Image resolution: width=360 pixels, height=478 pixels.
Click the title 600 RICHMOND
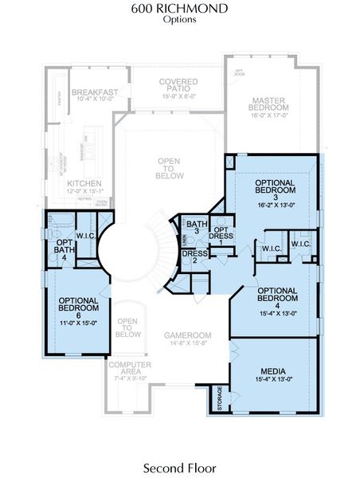(x=180, y=9)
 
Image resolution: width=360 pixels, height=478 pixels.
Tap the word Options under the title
(x=180, y=20)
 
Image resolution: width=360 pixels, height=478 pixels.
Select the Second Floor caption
(x=180, y=465)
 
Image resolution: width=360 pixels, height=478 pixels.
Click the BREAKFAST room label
(x=95, y=92)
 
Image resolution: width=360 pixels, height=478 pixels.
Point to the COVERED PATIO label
(x=178, y=85)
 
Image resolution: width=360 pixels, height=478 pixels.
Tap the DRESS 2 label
(x=194, y=259)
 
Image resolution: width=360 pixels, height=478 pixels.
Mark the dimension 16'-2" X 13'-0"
(x=276, y=205)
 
